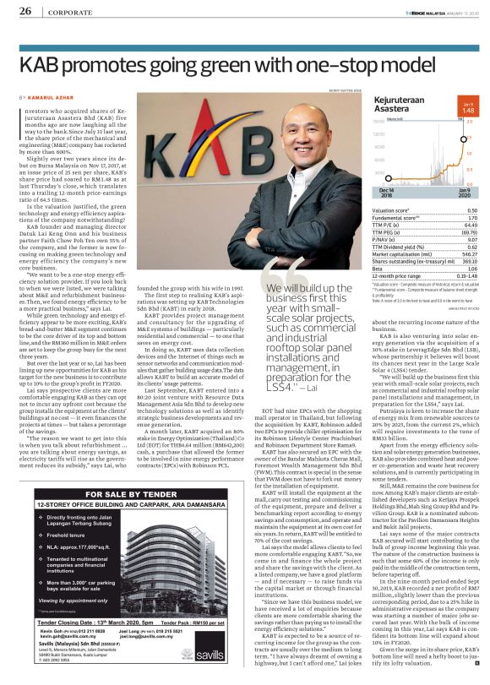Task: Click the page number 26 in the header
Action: click(x=25, y=11)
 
